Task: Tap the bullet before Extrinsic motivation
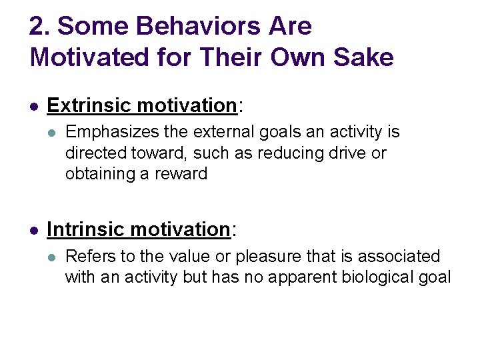coord(35,106)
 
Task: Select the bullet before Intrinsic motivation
coord(35,230)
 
